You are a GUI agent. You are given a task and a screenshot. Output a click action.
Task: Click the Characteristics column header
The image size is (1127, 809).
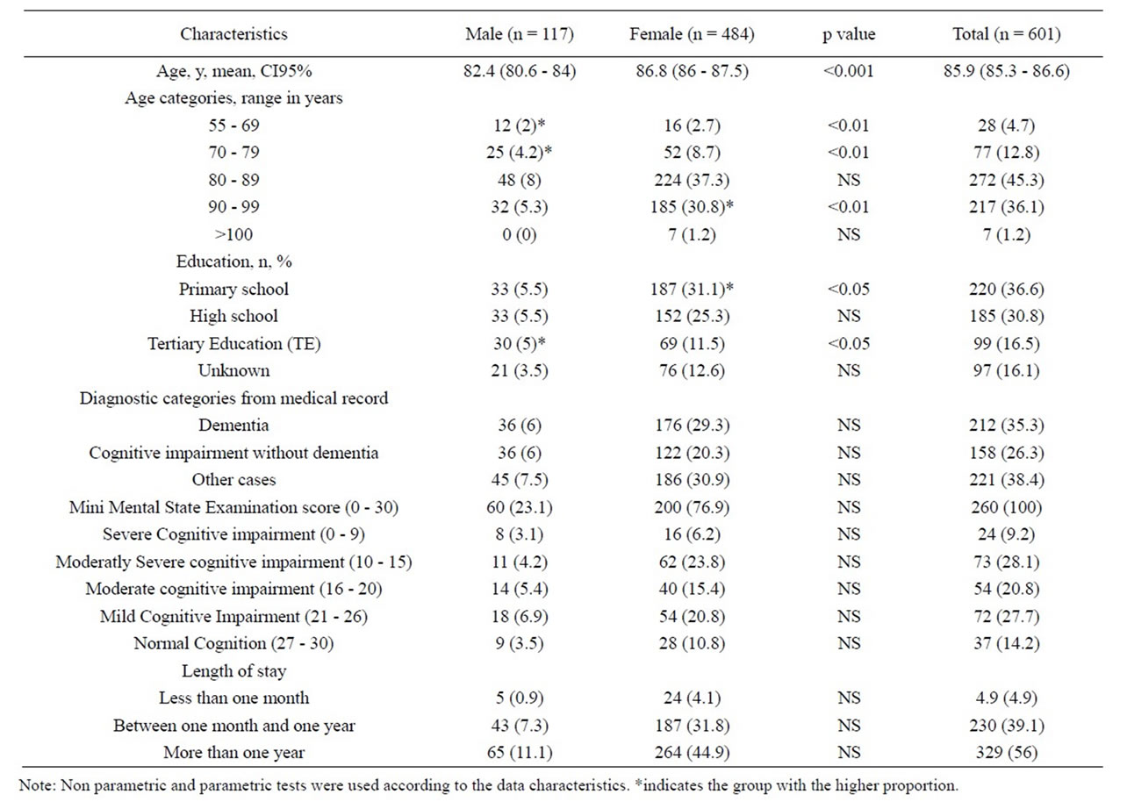pyautogui.click(x=234, y=33)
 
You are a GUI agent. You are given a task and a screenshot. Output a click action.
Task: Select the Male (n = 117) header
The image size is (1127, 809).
pyautogui.click(x=520, y=33)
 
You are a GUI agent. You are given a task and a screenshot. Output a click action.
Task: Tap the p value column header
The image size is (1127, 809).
pyautogui.click(x=849, y=35)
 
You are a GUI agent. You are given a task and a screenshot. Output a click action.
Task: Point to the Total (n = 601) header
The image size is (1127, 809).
pyautogui.click(x=1006, y=33)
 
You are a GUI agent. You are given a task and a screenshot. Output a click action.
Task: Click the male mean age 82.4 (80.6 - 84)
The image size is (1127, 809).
pyautogui.click(x=520, y=71)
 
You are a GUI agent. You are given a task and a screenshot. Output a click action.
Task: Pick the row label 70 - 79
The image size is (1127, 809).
pyautogui.click(x=234, y=152)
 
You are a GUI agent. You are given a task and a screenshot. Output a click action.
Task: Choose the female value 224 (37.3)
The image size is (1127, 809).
pyautogui.click(x=692, y=180)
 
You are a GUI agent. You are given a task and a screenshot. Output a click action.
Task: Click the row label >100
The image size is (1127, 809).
pyautogui.click(x=234, y=234)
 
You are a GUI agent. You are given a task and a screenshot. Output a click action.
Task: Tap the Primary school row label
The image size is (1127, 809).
pyautogui.click(x=234, y=289)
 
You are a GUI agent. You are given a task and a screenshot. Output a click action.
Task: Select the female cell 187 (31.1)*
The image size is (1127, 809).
pyautogui.click(x=692, y=289)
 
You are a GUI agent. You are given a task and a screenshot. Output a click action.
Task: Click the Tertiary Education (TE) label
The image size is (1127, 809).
pyautogui.click(x=234, y=343)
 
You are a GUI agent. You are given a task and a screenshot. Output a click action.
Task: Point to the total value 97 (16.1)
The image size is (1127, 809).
pyautogui.click(x=1006, y=370)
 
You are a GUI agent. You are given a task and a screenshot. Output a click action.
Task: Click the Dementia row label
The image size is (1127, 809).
pyautogui.click(x=234, y=426)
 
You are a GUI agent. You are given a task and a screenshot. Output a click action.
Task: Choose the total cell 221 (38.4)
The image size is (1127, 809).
pyautogui.click(x=1006, y=479)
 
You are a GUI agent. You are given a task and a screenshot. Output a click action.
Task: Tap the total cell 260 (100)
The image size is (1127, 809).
pyautogui.click(x=1006, y=506)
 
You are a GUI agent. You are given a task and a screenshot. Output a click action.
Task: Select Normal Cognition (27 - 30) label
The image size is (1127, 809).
pyautogui.click(x=234, y=643)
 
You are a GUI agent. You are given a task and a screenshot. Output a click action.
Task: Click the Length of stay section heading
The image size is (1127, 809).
pyautogui.click(x=234, y=670)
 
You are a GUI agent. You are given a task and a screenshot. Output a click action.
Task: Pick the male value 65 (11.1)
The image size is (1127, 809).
pyautogui.click(x=520, y=752)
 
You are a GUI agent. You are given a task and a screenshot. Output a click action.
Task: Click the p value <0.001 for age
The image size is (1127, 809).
pyautogui.click(x=849, y=71)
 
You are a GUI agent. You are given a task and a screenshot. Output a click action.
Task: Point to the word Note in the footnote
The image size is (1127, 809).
pyautogui.click(x=37, y=785)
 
